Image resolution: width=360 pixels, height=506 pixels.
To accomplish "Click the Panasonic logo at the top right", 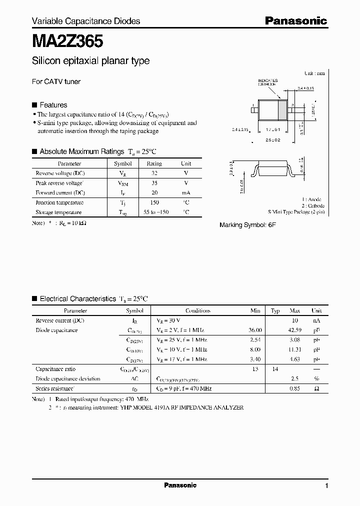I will coord(295,20).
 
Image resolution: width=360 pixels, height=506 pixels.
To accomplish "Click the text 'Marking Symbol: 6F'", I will coord(248,225).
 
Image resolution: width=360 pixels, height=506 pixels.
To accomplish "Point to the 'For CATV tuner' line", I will coord(56,81).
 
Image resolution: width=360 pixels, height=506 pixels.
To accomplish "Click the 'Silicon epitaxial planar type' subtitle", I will coord(90,61).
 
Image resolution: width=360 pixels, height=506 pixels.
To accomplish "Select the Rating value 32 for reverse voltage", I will coord(154,173).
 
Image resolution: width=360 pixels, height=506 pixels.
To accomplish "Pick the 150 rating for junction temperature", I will coord(154,202).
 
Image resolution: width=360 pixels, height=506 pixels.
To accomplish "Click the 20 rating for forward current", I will coord(154,192).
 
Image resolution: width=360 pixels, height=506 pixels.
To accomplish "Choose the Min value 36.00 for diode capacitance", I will coord(255,330).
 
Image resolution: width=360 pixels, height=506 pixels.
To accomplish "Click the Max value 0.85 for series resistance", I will coord(294,388).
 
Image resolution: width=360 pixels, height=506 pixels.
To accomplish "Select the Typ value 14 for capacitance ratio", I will coord(274,369).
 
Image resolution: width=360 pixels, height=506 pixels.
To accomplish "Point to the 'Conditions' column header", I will coord(198,310).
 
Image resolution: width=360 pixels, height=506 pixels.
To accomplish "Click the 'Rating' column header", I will coord(154,163).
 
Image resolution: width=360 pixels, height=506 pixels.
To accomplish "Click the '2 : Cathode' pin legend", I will coord(312,205).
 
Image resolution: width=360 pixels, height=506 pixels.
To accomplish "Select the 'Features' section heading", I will coord(53,105).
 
